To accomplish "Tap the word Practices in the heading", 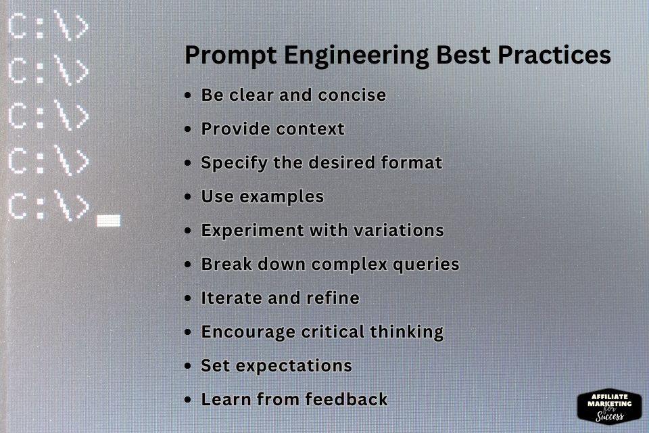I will click(554, 55).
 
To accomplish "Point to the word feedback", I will click(347, 400).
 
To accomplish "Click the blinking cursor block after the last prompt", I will click(108, 221).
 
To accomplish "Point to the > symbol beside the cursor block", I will click(80, 207).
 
